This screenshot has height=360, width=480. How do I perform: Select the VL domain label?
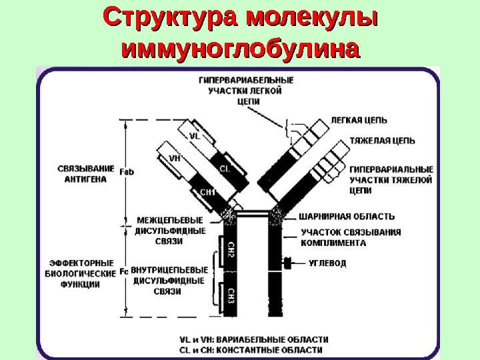(x=195, y=135)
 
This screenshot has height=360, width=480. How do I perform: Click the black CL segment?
(x=224, y=169)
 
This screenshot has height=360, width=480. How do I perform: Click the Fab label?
(x=127, y=171)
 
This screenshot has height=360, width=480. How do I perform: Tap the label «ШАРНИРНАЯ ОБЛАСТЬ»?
(x=347, y=217)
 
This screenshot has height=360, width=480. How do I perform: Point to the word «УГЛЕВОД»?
(x=327, y=263)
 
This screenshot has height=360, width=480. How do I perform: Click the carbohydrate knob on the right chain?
(x=289, y=263)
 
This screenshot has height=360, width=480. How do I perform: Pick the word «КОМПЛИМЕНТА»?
(x=333, y=243)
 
